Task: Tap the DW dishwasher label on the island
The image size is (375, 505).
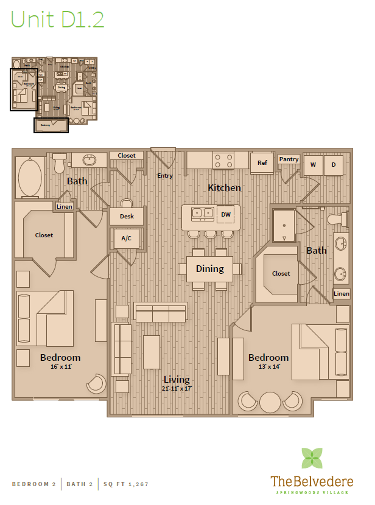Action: pyautogui.click(x=225, y=214)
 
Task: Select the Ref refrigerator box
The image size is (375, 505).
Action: pyautogui.click(x=262, y=163)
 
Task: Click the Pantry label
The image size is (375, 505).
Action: pyautogui.click(x=289, y=159)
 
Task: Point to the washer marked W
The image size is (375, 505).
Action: pyautogui.click(x=314, y=165)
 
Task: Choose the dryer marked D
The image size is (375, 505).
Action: pyautogui.click(x=333, y=165)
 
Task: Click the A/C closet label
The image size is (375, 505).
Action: pyautogui.click(x=127, y=239)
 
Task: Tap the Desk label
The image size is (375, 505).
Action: pyautogui.click(x=127, y=216)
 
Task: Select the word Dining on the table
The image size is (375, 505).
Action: pyautogui.click(x=209, y=268)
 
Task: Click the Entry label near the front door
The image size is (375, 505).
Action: pyautogui.click(x=165, y=176)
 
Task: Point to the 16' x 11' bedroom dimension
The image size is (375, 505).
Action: pyautogui.click(x=60, y=367)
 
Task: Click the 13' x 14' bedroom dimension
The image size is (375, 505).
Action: pyautogui.click(x=268, y=367)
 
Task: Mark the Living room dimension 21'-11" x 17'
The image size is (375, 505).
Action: pyautogui.click(x=177, y=388)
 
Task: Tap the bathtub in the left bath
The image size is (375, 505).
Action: pyautogui.click(x=30, y=178)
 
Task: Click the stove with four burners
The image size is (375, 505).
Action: pyautogui.click(x=223, y=161)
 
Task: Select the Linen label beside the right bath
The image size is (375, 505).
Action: pyautogui.click(x=342, y=294)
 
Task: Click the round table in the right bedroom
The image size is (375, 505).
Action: pyautogui.click(x=270, y=402)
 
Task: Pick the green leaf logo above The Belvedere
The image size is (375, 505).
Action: pyautogui.click(x=312, y=458)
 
